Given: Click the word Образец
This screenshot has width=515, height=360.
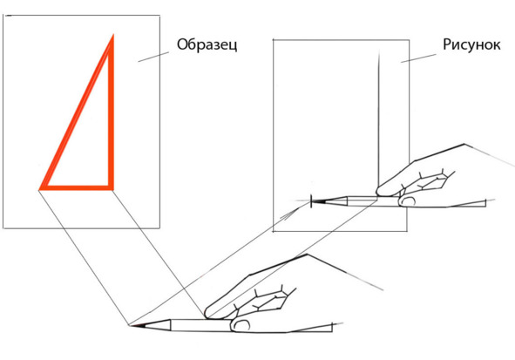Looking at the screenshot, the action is point(207,45).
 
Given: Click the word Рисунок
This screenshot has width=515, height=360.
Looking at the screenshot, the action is point(471,44).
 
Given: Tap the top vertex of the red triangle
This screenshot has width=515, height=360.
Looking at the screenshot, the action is point(113,35).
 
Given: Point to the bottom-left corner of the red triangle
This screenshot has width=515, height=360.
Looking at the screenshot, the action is point(40,189).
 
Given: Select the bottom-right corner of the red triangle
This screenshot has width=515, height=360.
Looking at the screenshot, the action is point(112,189).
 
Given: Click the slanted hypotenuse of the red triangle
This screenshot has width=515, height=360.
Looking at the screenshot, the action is point(76,112).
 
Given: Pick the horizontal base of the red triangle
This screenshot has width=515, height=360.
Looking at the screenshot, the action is point(76,188).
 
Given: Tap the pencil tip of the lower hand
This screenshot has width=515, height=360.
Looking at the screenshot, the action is point(130,325).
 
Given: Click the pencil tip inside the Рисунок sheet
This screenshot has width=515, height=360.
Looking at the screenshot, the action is point(312,200).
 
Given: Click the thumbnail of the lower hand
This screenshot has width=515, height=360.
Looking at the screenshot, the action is point(241,325).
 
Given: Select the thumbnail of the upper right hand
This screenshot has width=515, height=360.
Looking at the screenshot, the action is point(408,201).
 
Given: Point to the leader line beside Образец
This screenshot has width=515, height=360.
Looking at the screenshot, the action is point(153,57).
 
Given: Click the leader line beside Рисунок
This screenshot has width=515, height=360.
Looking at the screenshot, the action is point(418,58).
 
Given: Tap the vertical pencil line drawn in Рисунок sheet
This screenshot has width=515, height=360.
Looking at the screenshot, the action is point(379,123).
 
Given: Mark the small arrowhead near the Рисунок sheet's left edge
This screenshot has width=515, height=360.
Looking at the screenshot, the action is point(289,215).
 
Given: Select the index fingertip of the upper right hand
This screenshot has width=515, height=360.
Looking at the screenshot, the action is point(380,191).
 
